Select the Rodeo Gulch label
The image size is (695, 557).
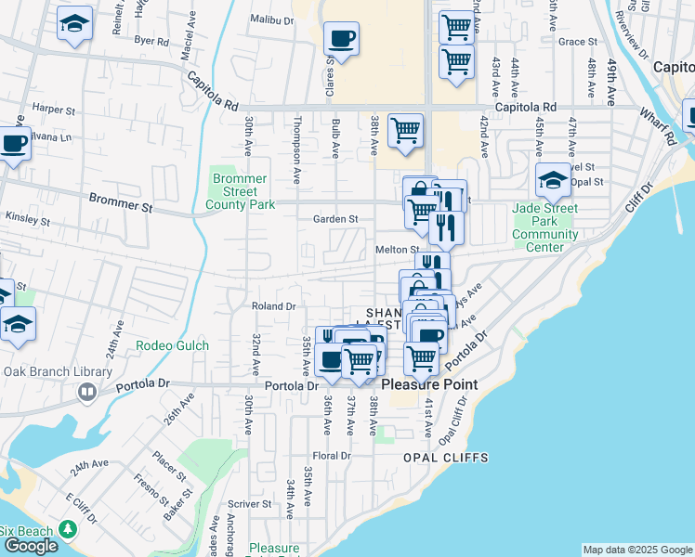[x=172, y=345]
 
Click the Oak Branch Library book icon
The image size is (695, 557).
[x=87, y=393]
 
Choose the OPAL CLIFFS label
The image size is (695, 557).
[x=445, y=459]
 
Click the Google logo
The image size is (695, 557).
[x=31, y=546]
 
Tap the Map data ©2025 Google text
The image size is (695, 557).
[x=636, y=550]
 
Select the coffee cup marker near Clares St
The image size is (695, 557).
[x=341, y=40]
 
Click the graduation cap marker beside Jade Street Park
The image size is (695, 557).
[x=553, y=180]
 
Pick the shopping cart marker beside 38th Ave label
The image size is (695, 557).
[x=406, y=131]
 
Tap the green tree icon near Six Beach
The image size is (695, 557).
[x=67, y=529]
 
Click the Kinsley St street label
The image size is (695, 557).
[x=27, y=222]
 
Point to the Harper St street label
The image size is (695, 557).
[x=53, y=110]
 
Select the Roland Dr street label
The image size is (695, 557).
[x=273, y=305]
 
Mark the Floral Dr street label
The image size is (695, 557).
[x=331, y=456]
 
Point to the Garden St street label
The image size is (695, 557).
[x=335, y=219]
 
